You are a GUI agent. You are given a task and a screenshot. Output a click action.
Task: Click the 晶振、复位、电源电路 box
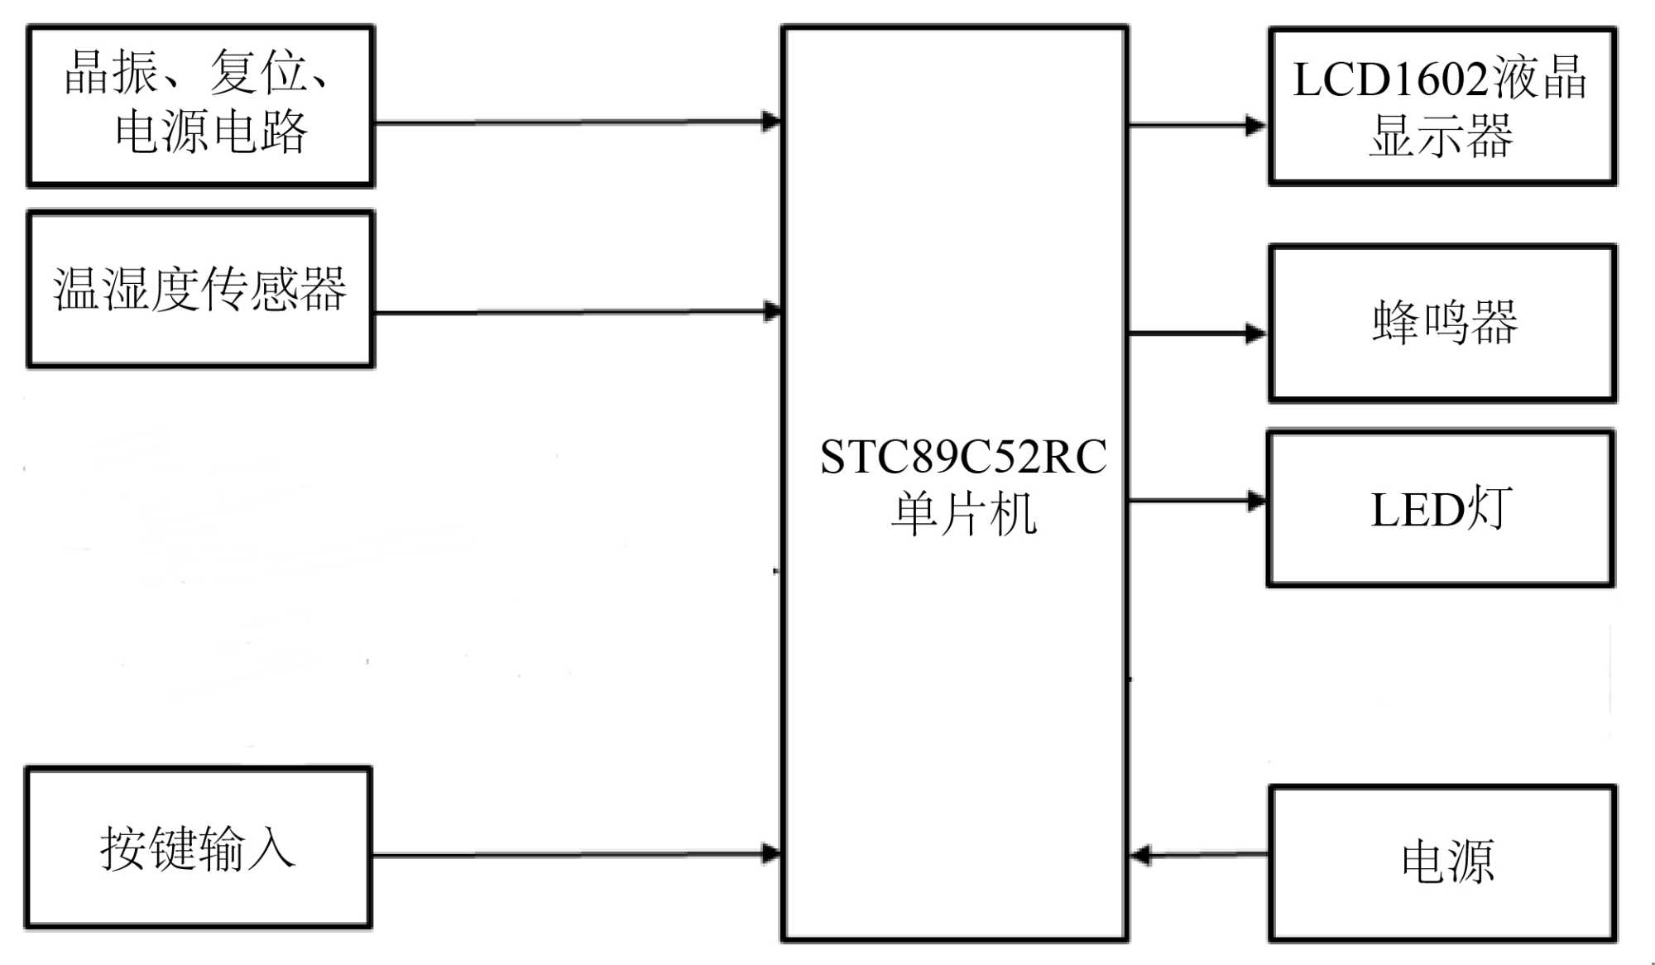(200, 106)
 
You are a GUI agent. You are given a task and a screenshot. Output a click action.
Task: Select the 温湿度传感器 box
(200, 289)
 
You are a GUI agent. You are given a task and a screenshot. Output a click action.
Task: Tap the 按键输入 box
(198, 847)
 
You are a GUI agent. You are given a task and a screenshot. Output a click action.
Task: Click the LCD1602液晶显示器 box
(1442, 106)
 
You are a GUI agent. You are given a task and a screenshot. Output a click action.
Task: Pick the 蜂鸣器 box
(1442, 323)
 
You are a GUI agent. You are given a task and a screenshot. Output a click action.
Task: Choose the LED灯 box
(1441, 508)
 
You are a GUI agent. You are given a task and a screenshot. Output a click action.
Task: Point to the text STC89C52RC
(962, 457)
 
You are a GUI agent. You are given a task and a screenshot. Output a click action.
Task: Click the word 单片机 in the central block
(962, 514)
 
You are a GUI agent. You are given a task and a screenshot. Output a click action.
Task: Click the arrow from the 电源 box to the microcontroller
(1200, 854)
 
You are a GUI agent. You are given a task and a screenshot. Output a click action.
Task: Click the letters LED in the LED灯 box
(1417, 510)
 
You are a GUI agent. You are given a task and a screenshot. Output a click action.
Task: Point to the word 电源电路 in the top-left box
(211, 132)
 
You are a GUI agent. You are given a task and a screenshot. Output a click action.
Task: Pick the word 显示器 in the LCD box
(1441, 136)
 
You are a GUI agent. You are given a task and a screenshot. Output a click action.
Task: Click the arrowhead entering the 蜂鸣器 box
(1256, 334)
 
